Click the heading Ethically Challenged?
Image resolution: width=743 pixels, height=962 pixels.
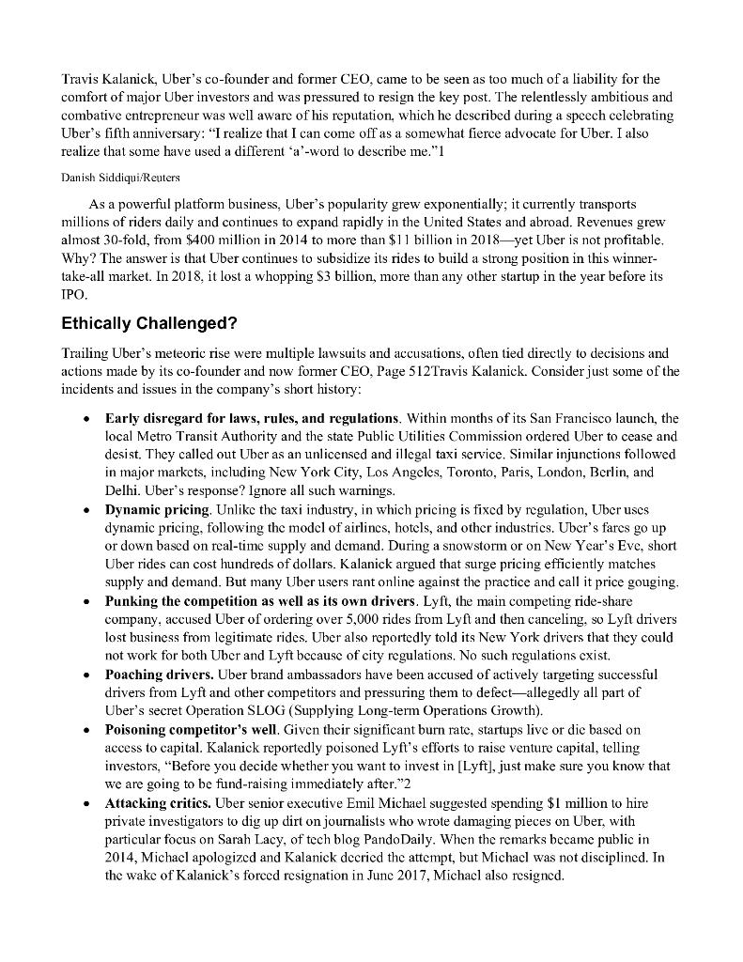point(149,324)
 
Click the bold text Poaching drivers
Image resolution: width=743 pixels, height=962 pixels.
point(159,675)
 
